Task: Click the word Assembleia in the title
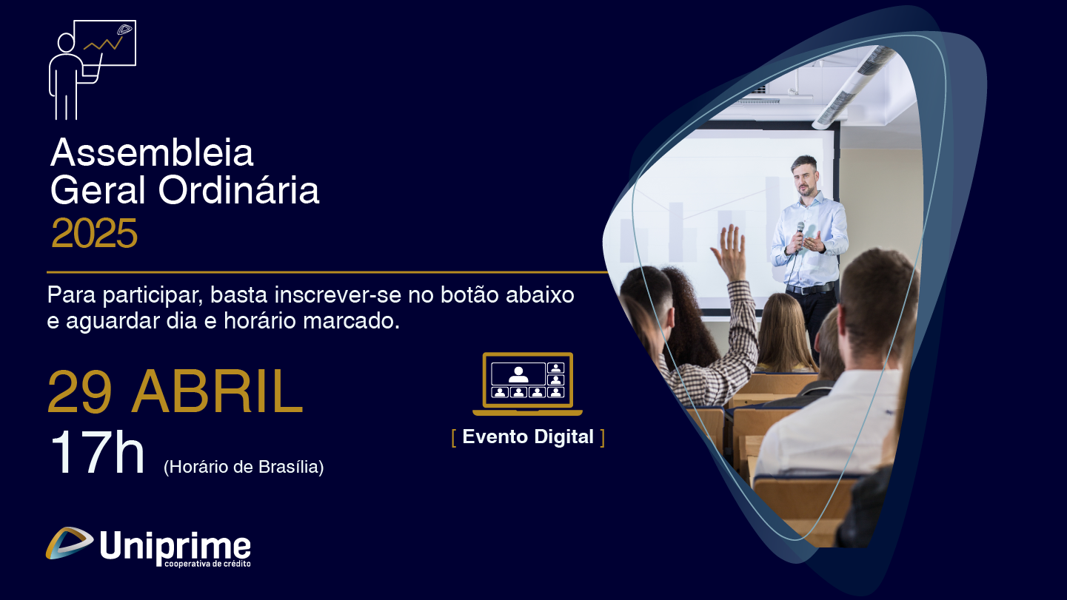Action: click(x=152, y=152)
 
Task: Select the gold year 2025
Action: click(x=94, y=233)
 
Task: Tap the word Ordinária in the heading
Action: click(x=238, y=190)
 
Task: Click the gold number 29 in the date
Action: click(x=79, y=392)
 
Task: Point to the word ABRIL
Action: click(x=217, y=391)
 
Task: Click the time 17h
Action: click(x=97, y=452)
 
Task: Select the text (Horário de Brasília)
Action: click(x=244, y=467)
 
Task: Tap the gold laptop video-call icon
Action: click(x=527, y=384)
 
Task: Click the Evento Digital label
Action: click(x=528, y=436)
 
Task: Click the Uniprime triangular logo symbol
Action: click(x=70, y=543)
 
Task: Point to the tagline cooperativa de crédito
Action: click(x=207, y=564)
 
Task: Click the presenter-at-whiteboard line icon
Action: click(x=93, y=70)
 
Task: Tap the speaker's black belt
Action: click(x=810, y=289)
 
